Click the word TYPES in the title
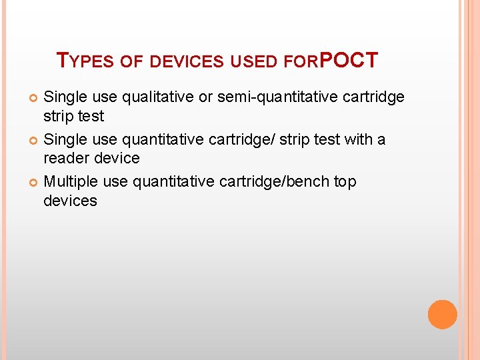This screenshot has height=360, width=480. tap(86, 61)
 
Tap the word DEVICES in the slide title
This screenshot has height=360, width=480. tap(187, 62)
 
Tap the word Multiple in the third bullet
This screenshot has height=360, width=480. tap(72, 182)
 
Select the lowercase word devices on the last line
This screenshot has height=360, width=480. tap(70, 201)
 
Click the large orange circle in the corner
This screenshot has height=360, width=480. tap(442, 314)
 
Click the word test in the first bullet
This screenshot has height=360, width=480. tap(91, 116)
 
